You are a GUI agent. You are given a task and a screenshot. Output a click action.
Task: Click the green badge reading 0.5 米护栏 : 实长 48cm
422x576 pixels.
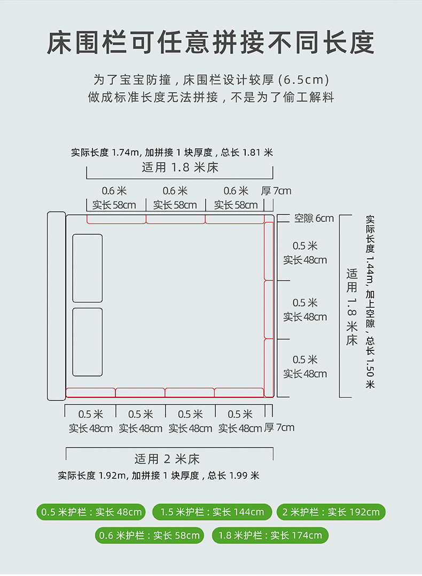[x=91, y=511]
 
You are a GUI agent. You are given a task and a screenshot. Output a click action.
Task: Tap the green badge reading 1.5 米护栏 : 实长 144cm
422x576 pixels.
[x=212, y=511]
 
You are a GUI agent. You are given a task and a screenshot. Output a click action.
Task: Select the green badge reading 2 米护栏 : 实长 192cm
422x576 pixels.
[x=331, y=511]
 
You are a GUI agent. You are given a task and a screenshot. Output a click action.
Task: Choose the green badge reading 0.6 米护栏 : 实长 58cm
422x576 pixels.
[x=150, y=535]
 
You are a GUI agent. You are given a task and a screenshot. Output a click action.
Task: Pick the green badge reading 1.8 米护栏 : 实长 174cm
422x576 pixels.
[x=270, y=535]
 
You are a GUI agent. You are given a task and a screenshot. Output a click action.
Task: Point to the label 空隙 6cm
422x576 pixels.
[x=314, y=218]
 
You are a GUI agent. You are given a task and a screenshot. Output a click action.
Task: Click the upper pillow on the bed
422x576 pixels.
[x=88, y=268]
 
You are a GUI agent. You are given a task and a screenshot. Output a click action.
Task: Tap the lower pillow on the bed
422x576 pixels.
[x=88, y=342]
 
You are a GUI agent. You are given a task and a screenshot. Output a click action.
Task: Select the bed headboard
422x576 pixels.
[x=56, y=306]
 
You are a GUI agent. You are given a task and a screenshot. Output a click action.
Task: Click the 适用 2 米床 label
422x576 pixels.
[x=167, y=459]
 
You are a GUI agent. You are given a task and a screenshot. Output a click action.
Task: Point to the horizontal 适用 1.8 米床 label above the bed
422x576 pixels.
[x=180, y=167]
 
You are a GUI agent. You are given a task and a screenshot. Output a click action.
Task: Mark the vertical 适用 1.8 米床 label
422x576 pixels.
[x=351, y=307]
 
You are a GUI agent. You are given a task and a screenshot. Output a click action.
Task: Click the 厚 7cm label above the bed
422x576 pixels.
[x=276, y=190]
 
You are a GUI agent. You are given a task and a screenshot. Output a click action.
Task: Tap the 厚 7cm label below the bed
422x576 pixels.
[x=279, y=428]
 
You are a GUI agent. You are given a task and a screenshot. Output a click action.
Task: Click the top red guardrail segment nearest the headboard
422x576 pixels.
[x=116, y=219]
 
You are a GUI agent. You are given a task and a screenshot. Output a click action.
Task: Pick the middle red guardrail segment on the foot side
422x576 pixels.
[x=269, y=309]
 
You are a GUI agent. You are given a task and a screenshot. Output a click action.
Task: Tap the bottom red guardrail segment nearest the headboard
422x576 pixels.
[x=90, y=393]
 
